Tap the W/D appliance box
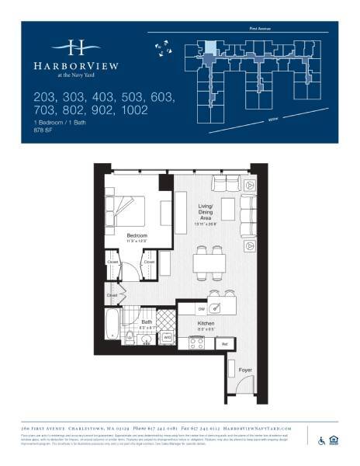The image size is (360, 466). coord(167,338)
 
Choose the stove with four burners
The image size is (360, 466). coord(196,342)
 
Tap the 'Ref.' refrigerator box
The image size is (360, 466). coord(225,343)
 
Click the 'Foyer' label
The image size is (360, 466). coord(245,370)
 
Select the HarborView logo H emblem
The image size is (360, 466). coord(76,47)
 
